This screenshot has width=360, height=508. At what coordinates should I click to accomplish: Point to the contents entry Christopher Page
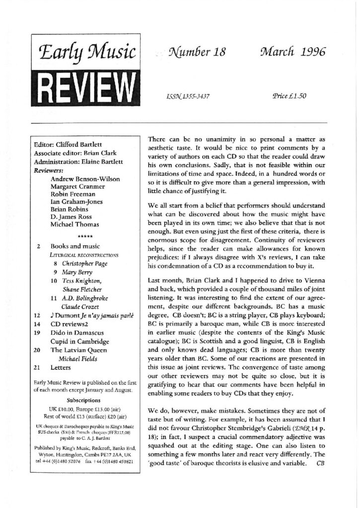tap(84, 263)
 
